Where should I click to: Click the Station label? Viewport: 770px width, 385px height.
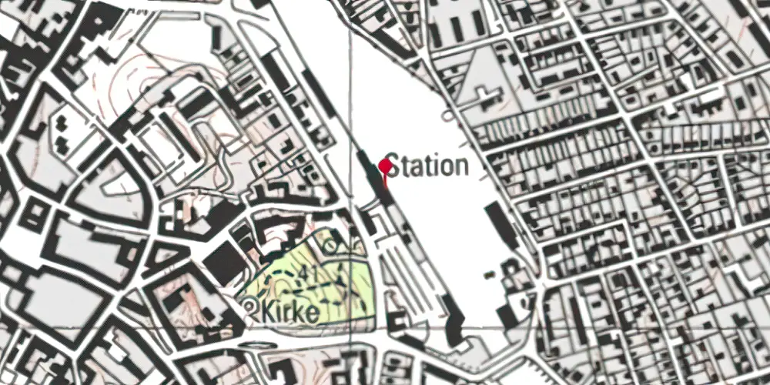pyautogui.click(x=427, y=165)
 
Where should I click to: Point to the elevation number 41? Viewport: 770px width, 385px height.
pyautogui.click(x=310, y=272)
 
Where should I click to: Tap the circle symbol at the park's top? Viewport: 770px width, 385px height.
pyautogui.click(x=330, y=245)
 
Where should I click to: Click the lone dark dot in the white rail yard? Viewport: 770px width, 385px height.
pyautogui.click(x=446, y=115)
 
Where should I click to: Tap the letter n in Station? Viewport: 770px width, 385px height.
pyautogui.click(x=460, y=166)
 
